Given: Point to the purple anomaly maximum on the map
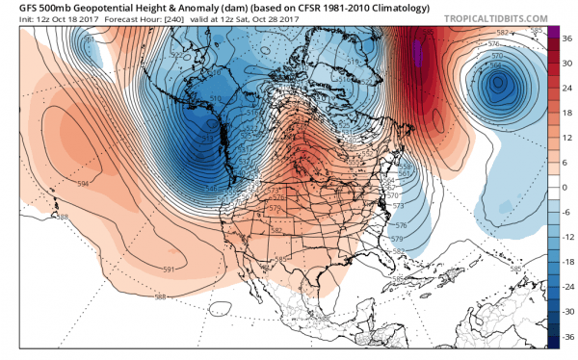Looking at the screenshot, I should tap(418, 48).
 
